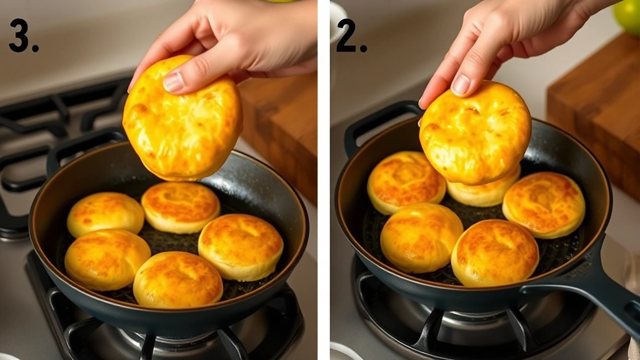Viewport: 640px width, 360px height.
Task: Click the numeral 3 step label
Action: click(x=24, y=36)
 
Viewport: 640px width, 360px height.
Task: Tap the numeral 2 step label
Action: click(x=352, y=36)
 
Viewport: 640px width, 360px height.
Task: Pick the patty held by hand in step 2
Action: click(x=475, y=132)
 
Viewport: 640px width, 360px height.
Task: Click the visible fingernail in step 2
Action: click(x=461, y=85)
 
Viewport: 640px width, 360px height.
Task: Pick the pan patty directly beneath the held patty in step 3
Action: click(x=180, y=207)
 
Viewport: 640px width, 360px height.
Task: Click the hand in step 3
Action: click(x=231, y=37)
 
